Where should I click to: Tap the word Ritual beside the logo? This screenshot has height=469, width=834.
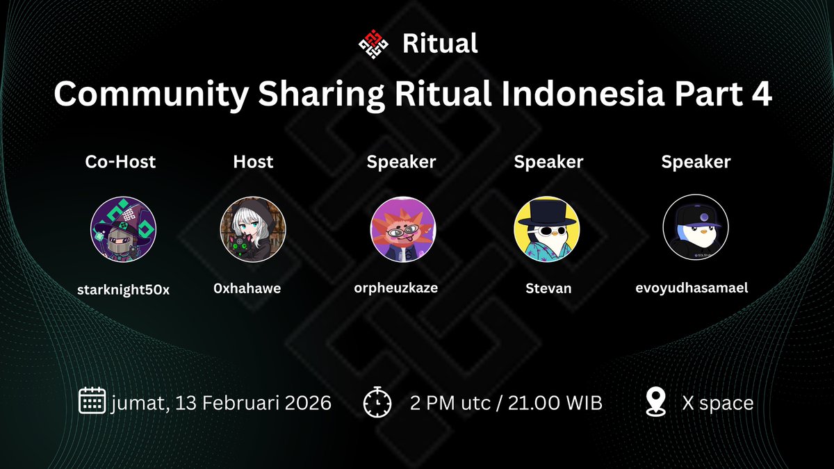tap(440, 44)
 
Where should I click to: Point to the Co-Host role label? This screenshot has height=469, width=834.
tap(120, 162)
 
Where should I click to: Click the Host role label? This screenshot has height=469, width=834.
tap(253, 162)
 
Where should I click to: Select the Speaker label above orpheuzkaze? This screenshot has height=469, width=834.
tap(401, 162)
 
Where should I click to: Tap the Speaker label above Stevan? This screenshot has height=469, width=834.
tap(548, 162)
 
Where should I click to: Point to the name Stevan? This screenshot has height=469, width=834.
tap(548, 288)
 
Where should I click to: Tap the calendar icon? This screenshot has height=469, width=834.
tap(92, 402)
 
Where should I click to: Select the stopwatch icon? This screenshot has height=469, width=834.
tap(377, 403)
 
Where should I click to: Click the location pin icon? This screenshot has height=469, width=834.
tap(655, 402)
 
